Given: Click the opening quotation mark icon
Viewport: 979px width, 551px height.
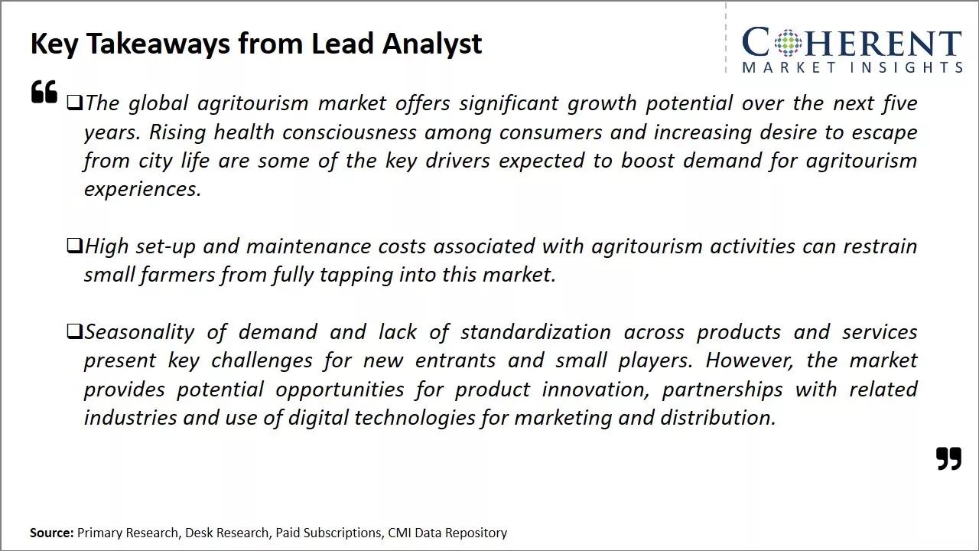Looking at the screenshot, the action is point(44,91).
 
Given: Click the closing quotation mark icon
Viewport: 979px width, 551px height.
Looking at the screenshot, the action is point(949,458).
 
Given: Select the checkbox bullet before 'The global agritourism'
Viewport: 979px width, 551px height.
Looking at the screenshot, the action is point(75,103).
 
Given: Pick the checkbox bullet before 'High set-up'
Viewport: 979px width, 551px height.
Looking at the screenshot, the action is point(75,246).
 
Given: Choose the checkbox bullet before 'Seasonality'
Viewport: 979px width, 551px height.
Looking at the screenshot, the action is point(75,331).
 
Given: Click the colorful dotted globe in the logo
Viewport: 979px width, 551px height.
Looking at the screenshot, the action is point(788,42).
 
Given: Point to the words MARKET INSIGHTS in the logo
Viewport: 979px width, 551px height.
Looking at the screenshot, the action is point(852,67).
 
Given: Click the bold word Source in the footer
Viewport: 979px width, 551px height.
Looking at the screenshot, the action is point(51,533).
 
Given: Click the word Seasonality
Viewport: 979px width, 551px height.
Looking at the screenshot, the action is point(139,332).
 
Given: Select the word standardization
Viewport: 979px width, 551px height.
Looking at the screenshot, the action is point(536,332).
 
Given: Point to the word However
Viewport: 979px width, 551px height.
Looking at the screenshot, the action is point(749,360).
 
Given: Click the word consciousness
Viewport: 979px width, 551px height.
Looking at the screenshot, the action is point(350,132).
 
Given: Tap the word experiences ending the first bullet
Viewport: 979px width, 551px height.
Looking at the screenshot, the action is point(142,190).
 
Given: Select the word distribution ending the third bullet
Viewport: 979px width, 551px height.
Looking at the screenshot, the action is point(718,418).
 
